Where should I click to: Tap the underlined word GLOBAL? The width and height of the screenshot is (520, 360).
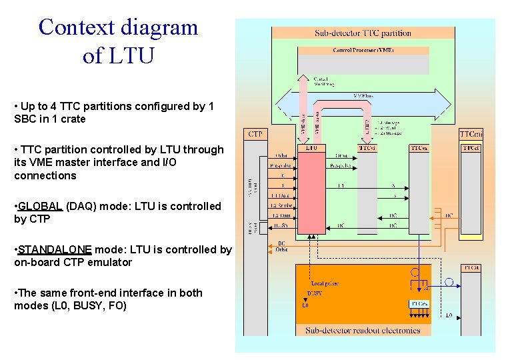click(41, 206)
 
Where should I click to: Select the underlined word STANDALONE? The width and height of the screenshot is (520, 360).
click(55, 249)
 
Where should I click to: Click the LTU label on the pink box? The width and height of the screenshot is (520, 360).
click(311, 147)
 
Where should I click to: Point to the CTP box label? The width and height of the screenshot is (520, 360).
click(255, 134)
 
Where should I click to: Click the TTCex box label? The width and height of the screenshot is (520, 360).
click(419, 147)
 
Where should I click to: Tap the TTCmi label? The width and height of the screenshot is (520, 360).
click(470, 134)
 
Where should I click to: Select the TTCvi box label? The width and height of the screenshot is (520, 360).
click(367, 147)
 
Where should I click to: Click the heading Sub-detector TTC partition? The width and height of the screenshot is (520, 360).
click(363, 33)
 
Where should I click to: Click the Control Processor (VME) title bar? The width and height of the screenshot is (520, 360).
click(363, 50)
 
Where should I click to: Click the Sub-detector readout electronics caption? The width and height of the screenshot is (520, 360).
click(363, 330)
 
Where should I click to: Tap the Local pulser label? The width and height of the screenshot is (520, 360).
click(325, 283)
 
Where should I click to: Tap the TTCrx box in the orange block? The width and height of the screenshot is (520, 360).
click(418, 303)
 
